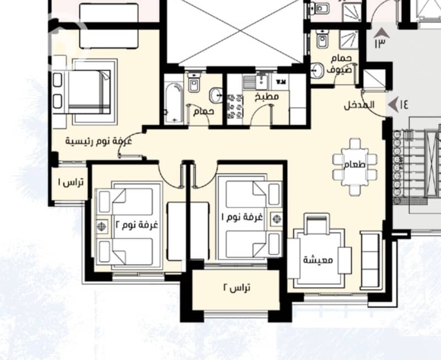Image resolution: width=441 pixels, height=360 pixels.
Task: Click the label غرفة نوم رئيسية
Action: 99,141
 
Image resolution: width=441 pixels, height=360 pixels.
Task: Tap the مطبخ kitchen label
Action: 267,96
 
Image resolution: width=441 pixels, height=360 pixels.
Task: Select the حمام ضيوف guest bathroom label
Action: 340,64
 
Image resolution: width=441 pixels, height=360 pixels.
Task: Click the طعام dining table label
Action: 354,164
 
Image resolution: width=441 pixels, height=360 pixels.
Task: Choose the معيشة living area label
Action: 318,260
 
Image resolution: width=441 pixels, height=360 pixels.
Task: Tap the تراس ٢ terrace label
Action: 237,288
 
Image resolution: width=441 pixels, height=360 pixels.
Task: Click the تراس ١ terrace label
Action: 71,182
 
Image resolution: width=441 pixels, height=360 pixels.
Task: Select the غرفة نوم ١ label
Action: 242,217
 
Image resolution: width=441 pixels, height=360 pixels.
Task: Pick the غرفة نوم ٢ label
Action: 137,225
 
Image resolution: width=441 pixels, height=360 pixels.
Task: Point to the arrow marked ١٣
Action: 381,33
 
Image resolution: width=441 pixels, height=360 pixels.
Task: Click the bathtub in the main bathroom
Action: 174,103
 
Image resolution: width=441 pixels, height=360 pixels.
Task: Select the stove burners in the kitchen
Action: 235,106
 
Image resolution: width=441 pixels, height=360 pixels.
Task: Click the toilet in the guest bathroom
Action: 321,39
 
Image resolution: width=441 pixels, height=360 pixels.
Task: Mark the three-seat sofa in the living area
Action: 370,260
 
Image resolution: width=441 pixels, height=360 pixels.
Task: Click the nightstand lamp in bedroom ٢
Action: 101,227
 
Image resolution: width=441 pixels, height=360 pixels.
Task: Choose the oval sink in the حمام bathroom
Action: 216,95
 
